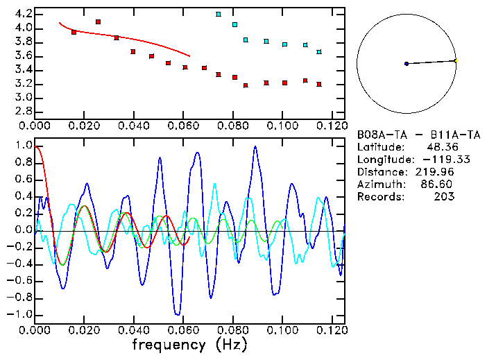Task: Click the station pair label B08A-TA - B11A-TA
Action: pos(418,135)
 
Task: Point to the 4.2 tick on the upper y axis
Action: pos(21,14)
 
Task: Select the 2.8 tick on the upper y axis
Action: pos(21,111)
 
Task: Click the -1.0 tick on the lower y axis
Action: pos(18,314)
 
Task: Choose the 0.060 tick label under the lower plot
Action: pos(183,330)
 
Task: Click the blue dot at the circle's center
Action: pos(407,64)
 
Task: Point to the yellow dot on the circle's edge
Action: pos(456,61)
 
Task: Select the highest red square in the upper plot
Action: pos(98,22)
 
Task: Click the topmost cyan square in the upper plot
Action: pos(219,14)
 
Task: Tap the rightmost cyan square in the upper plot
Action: pos(319,52)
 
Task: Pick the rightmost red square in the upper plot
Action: pos(319,85)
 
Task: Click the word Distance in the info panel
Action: pos(380,172)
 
